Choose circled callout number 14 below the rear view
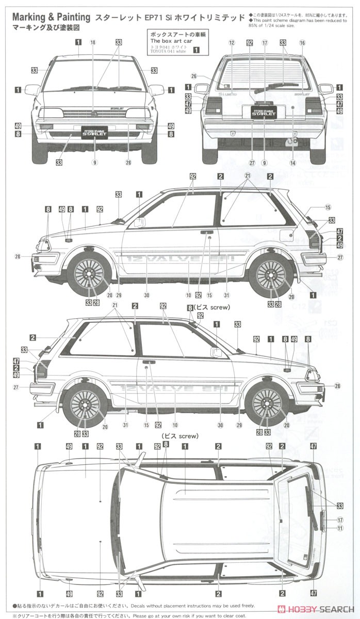click(292, 163)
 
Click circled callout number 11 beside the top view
click(340, 528)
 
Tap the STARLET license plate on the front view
click(94, 133)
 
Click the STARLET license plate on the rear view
click(264, 111)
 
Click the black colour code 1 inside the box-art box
click(195, 51)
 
